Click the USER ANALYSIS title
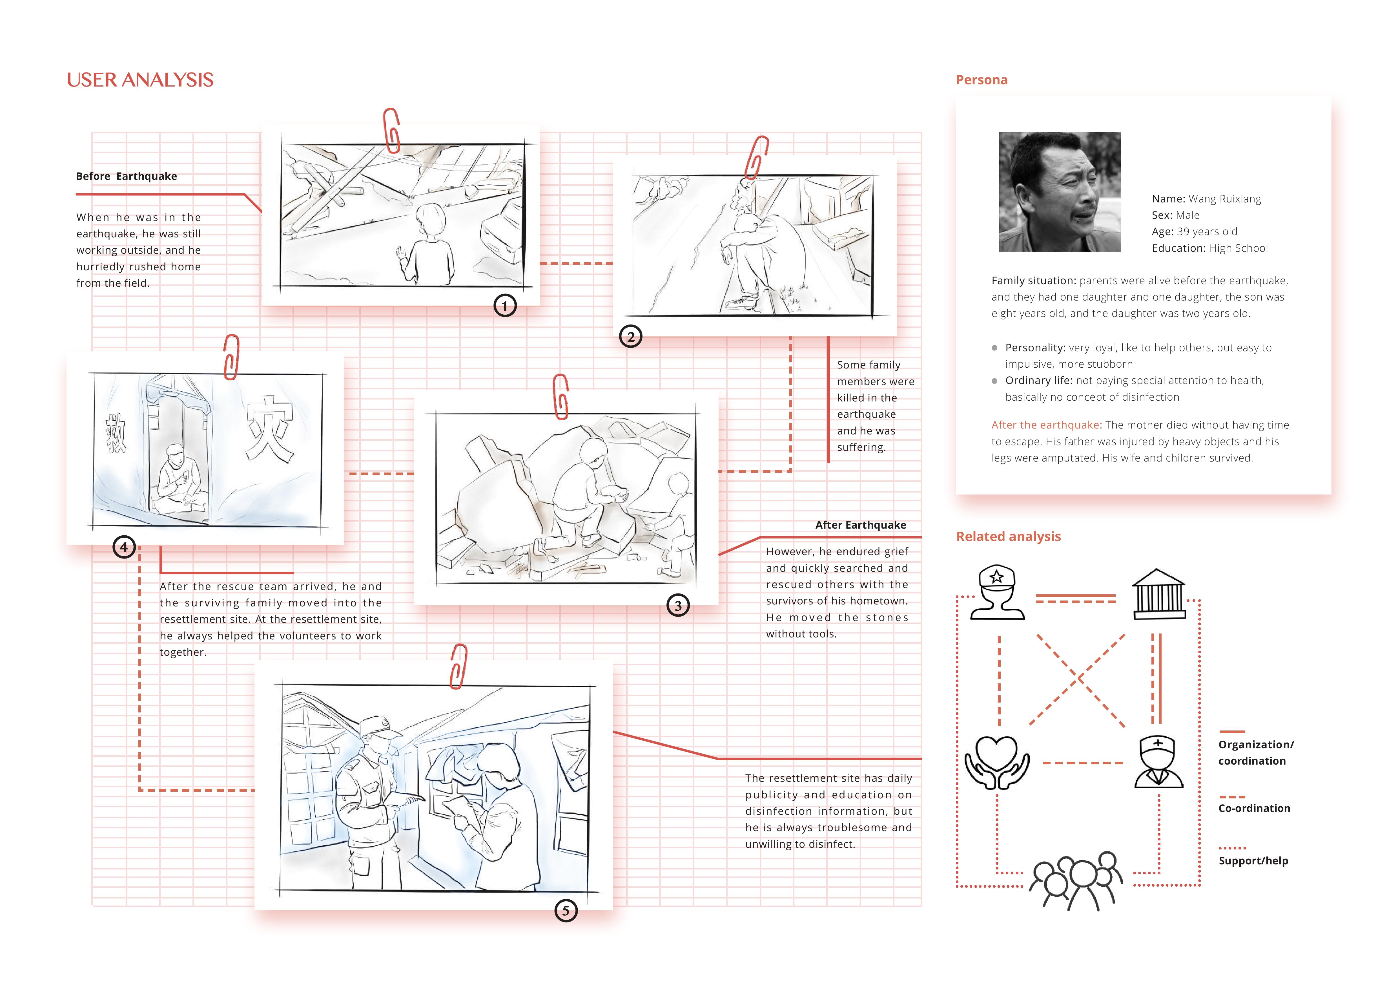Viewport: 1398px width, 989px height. (140, 80)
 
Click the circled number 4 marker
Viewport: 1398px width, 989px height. (124, 547)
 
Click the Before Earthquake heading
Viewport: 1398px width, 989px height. (126, 176)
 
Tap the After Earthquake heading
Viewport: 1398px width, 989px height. (860, 525)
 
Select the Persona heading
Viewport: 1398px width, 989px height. (982, 80)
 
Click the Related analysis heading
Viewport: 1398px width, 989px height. (1008, 537)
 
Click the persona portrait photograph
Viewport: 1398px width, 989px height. (1060, 192)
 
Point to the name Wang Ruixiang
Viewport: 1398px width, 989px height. (1224, 199)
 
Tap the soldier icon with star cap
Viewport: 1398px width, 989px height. (997, 593)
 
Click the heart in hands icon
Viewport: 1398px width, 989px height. (997, 762)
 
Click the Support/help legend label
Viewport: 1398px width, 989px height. (1253, 860)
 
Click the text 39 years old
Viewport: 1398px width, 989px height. (1207, 231)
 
